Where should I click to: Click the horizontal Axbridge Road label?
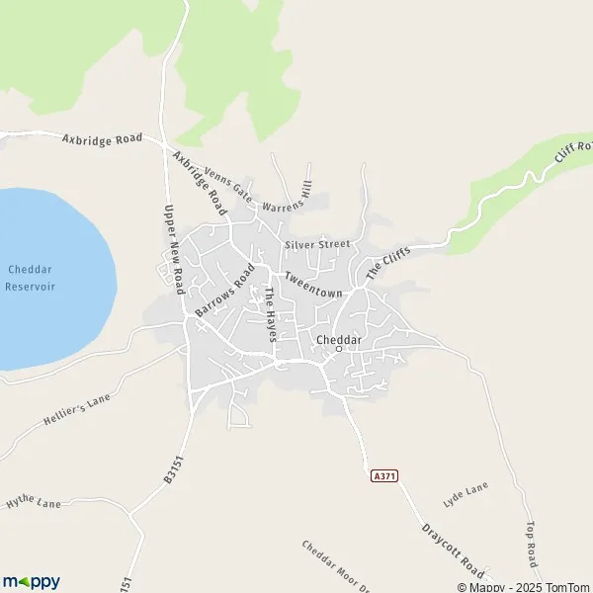click(102, 139)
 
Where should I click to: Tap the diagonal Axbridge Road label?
click(199, 183)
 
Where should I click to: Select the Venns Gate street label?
click(229, 185)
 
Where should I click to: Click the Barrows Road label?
click(225, 292)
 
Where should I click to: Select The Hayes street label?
click(268, 315)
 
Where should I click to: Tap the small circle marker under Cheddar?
click(339, 349)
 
